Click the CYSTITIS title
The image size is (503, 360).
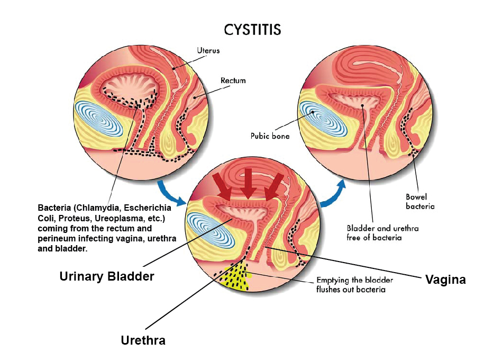[252, 29]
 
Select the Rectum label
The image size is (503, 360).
[233, 81]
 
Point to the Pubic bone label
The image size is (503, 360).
[270, 136]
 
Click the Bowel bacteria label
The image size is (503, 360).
[420, 202]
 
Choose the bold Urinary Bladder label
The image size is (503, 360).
[106, 276]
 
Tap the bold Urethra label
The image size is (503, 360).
[143, 340]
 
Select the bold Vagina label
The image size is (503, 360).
[445, 280]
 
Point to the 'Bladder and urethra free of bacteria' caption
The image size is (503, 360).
[374, 233]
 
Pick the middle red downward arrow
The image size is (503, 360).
[247, 182]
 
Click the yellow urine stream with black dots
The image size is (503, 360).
[234, 276]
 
